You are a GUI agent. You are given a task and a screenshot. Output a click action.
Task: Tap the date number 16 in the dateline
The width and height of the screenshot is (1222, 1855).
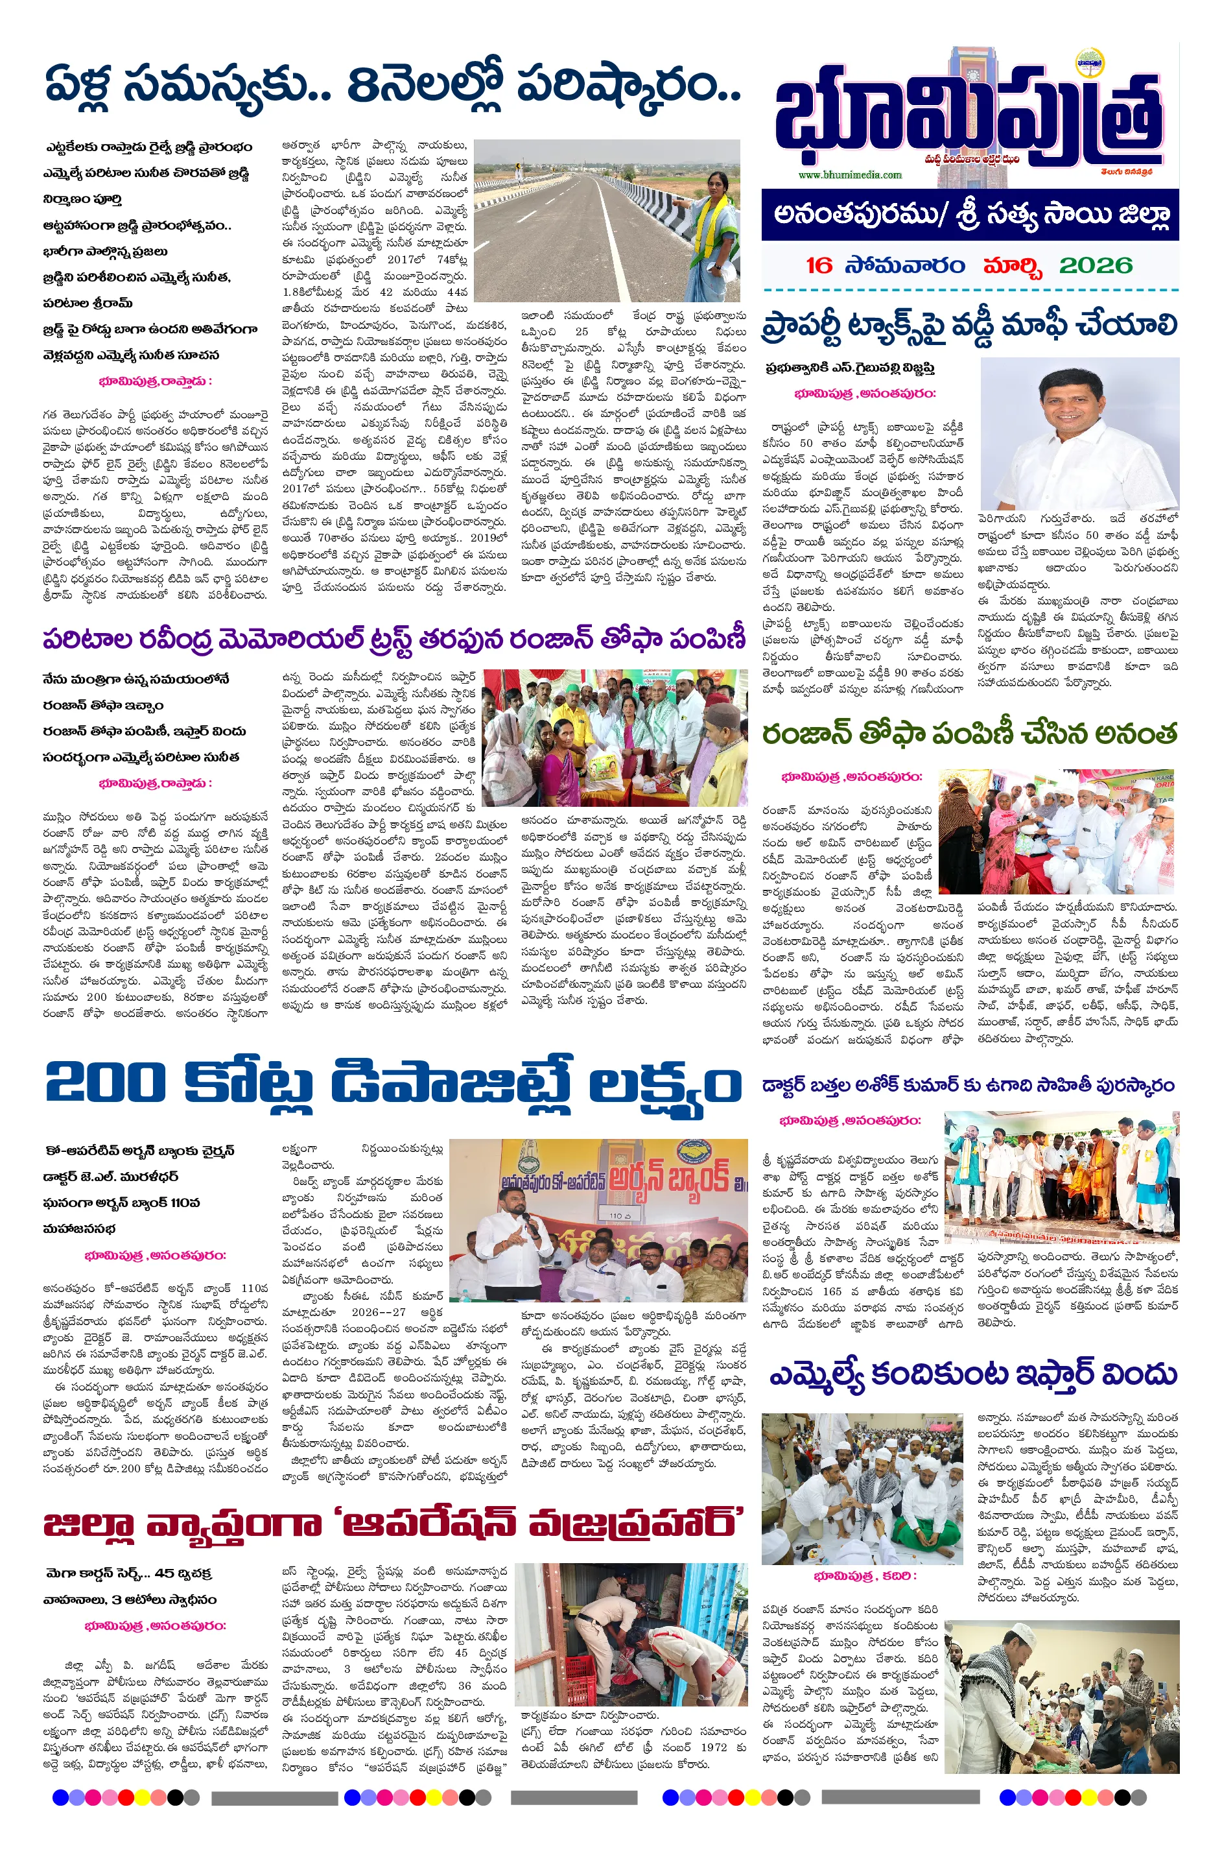pyautogui.click(x=818, y=266)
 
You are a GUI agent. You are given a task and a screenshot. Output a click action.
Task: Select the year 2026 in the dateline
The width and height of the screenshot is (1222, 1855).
pyautogui.click(x=1095, y=266)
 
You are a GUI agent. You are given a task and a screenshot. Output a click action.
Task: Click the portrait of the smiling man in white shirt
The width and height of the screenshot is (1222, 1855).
pyautogui.click(x=1079, y=433)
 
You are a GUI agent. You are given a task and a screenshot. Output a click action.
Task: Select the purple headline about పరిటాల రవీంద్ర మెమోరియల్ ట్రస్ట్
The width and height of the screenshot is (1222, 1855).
pyautogui.click(x=394, y=640)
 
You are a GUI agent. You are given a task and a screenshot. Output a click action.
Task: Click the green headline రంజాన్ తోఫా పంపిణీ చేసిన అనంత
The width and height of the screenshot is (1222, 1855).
pyautogui.click(x=969, y=734)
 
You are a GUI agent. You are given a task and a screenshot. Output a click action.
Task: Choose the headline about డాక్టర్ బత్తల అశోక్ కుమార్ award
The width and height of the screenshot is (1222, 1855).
pyautogui.click(x=968, y=1085)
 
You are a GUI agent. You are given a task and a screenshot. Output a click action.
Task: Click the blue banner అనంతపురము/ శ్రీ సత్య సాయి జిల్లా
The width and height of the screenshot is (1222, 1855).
pyautogui.click(x=970, y=215)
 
